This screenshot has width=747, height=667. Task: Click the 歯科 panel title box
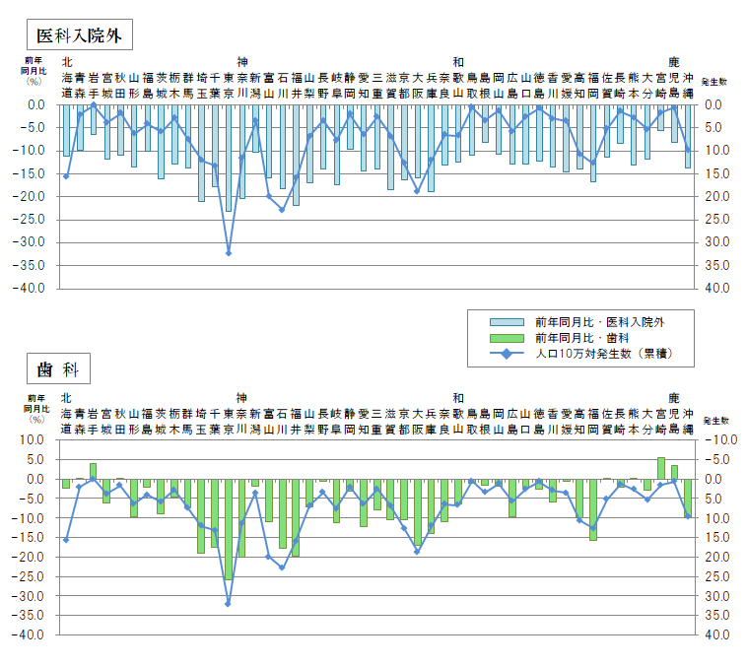tap(57, 370)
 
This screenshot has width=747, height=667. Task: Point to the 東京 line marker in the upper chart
tap(229, 253)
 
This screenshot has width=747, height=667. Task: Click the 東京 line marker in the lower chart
tap(229, 603)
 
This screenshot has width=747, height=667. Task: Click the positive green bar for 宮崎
tap(661, 469)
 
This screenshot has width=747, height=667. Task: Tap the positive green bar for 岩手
tap(94, 471)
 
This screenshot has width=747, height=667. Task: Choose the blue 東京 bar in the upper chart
tap(229, 158)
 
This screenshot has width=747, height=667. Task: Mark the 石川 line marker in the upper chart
tap(282, 210)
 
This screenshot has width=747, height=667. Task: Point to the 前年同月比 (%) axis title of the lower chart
tap(35, 411)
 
